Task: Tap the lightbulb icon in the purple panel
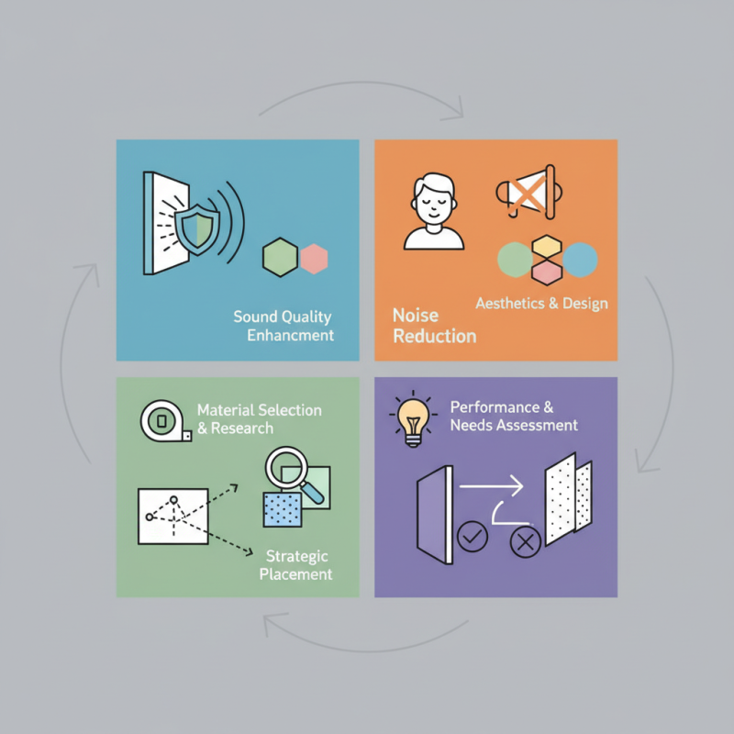(x=413, y=418)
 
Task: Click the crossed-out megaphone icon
(x=529, y=192)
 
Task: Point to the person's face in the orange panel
(x=434, y=204)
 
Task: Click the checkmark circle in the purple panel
(x=473, y=537)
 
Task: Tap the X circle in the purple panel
(x=525, y=542)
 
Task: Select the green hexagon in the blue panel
(x=280, y=257)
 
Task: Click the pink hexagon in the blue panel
(x=314, y=259)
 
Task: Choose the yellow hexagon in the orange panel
(x=547, y=246)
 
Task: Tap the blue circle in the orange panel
(x=580, y=260)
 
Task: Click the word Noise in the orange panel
(x=416, y=316)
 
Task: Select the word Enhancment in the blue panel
(x=290, y=335)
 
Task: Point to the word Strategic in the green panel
(x=296, y=557)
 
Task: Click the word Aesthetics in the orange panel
(x=510, y=304)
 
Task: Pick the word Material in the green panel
(x=226, y=410)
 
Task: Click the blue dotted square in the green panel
(x=283, y=509)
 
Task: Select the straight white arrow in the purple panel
(x=491, y=486)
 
